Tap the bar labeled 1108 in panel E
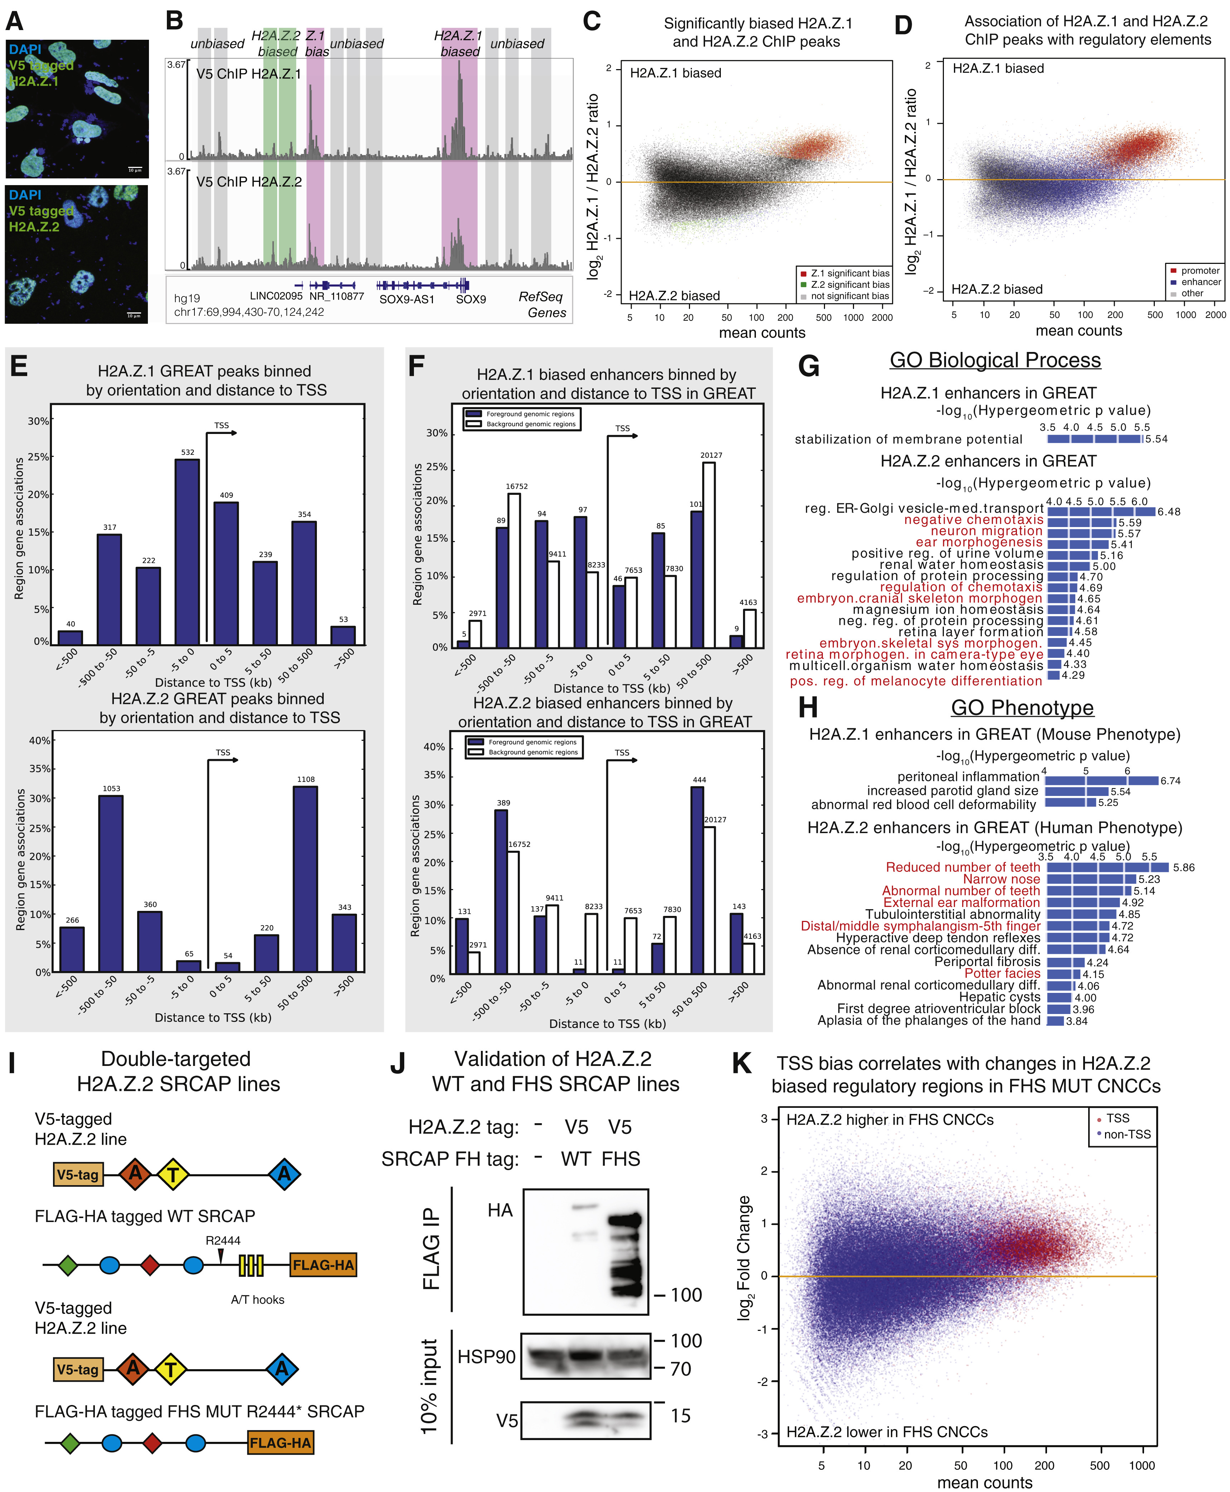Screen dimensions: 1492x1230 tap(305, 879)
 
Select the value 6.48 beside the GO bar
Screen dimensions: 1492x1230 tap(1169, 512)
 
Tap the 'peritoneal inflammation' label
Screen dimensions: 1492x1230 tap(968, 777)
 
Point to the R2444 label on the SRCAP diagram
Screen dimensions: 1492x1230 tap(223, 1241)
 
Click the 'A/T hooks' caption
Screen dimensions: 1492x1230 tap(257, 1299)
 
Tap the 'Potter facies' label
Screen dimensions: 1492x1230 tap(1002, 974)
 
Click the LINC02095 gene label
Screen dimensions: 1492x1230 tap(276, 296)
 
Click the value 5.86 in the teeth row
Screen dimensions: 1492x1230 tap(1183, 867)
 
